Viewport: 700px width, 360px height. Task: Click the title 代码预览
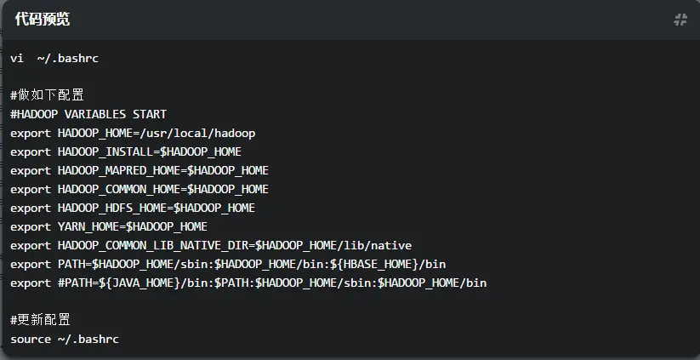pos(43,20)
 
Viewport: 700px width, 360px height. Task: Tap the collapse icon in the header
pos(680,20)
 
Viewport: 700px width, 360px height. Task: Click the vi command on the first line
pos(17,58)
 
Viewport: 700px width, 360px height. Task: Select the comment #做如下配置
pos(47,95)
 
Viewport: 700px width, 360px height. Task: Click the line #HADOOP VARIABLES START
pos(88,114)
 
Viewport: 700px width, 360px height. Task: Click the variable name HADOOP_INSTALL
pos(105,151)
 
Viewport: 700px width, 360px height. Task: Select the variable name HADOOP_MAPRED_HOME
pos(119,170)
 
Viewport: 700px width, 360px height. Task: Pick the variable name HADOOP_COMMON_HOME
pos(119,189)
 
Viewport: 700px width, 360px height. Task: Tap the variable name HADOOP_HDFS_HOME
pos(112,208)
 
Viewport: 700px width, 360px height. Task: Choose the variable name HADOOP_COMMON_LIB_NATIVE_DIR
pos(153,245)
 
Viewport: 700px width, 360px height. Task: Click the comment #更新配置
pos(40,320)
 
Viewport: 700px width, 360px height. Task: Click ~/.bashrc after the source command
pos(88,339)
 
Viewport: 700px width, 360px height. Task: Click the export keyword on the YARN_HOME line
pos(31,226)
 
